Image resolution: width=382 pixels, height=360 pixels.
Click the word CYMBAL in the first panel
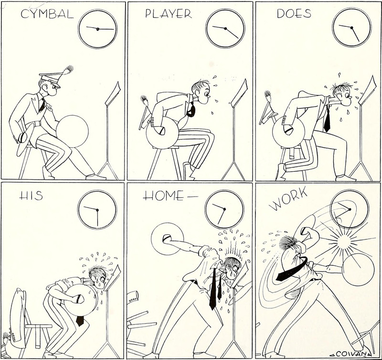point(47,14)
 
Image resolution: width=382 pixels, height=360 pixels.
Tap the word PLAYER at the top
point(169,14)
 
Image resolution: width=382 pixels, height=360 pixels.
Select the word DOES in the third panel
point(294,14)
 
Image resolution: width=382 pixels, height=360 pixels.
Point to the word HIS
point(31,196)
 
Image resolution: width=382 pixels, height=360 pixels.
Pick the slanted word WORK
point(288,199)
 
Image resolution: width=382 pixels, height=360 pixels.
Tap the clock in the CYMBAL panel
point(97,29)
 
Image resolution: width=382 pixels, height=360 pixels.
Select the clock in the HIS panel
point(97,210)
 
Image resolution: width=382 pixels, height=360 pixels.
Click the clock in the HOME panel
point(224,209)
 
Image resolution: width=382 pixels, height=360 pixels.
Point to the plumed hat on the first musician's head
point(55,77)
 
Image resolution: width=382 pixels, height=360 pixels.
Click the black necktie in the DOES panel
point(327,120)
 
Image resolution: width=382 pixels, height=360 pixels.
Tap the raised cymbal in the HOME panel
point(167,239)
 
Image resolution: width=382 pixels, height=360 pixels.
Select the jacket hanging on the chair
point(18,317)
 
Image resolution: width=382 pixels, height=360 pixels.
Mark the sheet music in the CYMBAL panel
point(113,93)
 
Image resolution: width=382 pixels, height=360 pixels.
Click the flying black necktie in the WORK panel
point(292,268)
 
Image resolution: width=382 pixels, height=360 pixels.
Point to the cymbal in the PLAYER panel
point(162,133)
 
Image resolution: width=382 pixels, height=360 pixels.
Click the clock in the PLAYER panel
point(225,29)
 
